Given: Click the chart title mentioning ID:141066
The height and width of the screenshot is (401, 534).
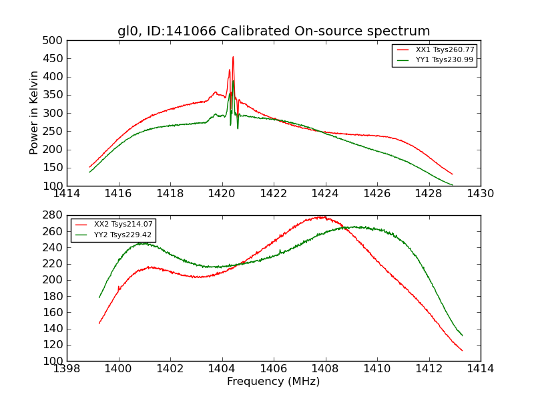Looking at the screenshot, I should point(274,31).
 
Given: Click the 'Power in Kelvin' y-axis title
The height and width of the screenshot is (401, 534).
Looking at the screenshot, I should point(34,113).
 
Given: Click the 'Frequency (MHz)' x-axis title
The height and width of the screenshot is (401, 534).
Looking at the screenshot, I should point(273,382).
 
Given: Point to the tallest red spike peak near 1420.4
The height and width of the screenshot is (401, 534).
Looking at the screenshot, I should point(233,57).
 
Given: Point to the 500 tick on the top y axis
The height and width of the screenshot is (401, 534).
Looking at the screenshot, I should point(55,41).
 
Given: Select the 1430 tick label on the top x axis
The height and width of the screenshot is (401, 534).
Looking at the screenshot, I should point(480,194).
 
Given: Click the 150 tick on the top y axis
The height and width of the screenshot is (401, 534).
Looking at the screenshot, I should point(55,168).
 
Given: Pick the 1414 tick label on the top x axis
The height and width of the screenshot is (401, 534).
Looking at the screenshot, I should point(67,194).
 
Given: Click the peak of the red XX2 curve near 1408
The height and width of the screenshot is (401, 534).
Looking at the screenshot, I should point(322,217).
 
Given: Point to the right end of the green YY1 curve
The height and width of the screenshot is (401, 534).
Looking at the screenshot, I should point(453,185).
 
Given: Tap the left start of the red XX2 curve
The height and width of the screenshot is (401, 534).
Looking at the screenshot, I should point(99,323).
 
